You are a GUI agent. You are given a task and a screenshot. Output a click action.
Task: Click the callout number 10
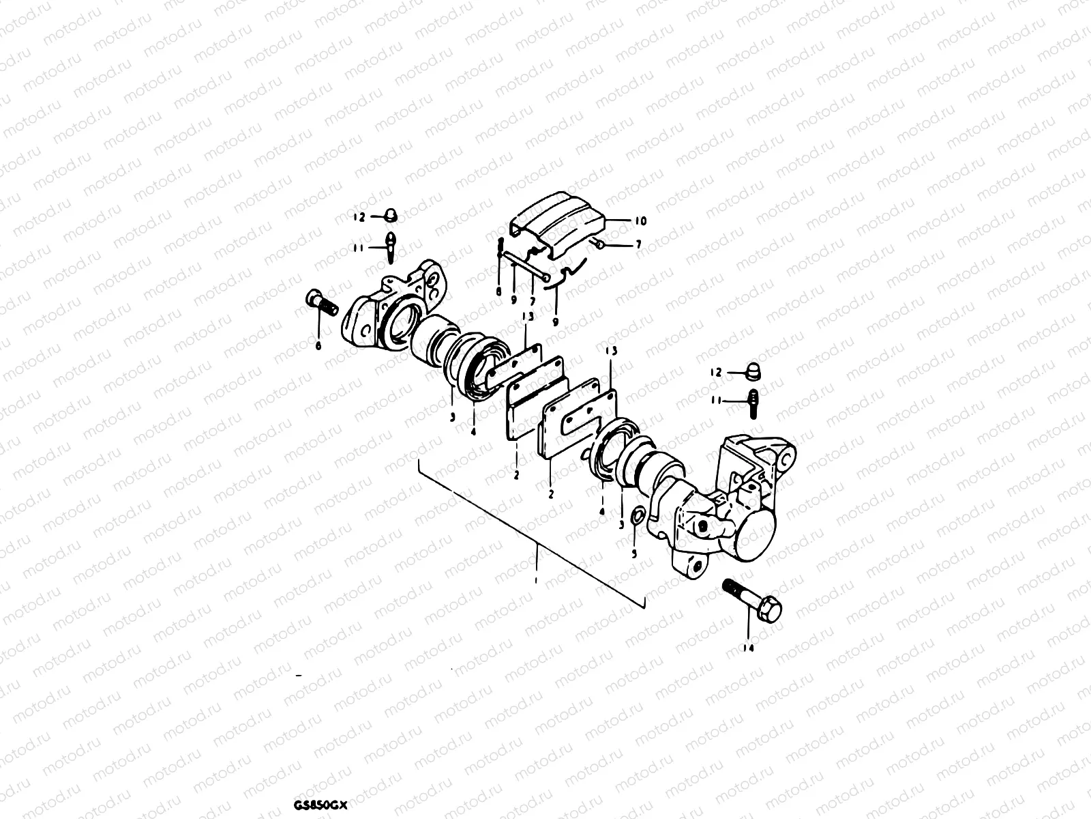(640, 221)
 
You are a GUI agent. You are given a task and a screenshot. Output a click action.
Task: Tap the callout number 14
(749, 648)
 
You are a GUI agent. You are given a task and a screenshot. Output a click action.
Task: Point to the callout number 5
(634, 554)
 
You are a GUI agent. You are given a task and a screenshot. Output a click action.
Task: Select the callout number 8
(499, 291)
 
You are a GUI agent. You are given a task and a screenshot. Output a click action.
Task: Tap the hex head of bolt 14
(768, 605)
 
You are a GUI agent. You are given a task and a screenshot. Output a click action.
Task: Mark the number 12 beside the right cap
(715, 373)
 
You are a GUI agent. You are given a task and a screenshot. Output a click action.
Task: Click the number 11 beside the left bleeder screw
(358, 248)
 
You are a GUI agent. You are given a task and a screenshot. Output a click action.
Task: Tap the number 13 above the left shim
(526, 317)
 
